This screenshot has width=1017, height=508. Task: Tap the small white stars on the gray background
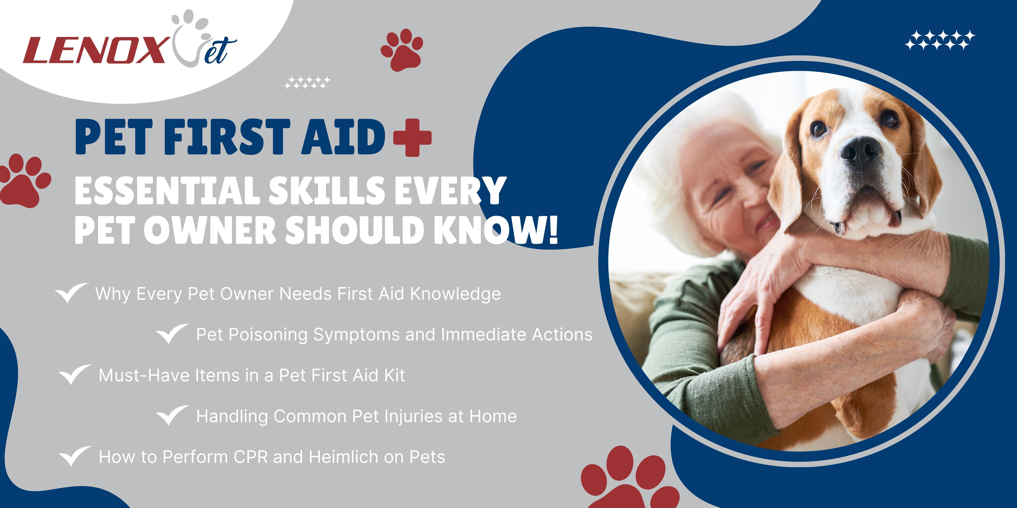point(307,82)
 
